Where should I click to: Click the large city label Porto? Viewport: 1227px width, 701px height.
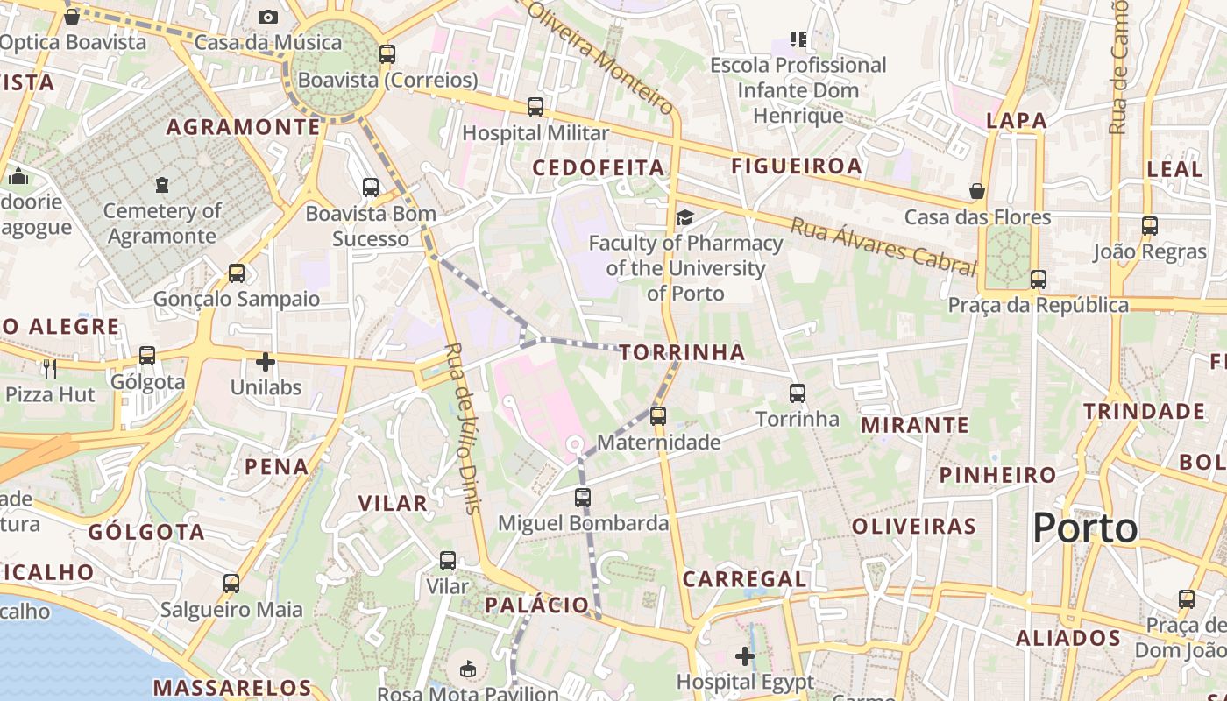1085,528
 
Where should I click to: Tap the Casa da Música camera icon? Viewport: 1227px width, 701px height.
268,17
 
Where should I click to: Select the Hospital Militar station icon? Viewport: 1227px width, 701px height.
535,107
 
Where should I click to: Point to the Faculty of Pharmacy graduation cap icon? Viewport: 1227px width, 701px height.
684,216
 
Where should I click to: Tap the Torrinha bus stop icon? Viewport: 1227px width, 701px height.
797,393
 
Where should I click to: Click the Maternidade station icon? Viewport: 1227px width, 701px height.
658,416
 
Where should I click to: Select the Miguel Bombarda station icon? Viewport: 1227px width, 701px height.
582,498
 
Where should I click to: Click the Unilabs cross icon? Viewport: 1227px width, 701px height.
266,361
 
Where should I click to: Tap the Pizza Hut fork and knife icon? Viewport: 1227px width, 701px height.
49,368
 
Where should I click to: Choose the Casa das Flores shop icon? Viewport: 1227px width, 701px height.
977,191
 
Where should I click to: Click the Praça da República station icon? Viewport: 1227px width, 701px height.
1039,280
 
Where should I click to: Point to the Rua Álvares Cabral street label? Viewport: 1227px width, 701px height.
883,246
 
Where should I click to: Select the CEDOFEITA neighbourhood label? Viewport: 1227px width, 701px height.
599,166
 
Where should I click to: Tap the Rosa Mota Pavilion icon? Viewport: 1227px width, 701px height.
468,669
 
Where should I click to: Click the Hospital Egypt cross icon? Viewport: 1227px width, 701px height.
745,655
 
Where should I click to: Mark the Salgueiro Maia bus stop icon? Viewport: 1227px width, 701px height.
231,584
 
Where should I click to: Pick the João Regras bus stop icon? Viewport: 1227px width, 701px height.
1150,226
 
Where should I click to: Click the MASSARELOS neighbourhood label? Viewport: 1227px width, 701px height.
232,688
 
